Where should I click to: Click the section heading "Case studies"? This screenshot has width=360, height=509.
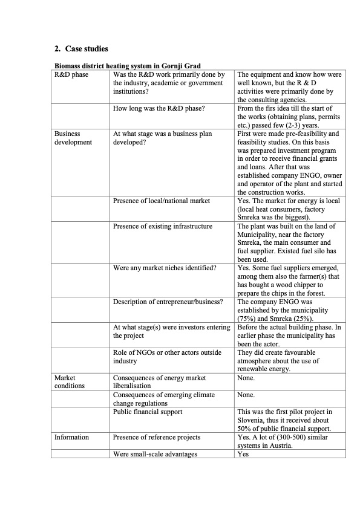point(82,48)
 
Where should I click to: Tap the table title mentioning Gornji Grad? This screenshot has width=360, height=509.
point(128,65)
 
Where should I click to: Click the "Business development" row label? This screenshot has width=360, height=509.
point(73,138)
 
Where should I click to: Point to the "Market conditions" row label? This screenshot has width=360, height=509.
point(70,381)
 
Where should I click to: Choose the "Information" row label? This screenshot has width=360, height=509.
point(71,437)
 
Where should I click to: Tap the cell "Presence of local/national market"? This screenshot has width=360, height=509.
point(162,201)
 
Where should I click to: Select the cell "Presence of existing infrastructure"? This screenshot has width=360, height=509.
point(163,226)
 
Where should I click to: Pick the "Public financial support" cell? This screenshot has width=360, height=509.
point(148,412)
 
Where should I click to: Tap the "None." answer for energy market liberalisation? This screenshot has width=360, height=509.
point(246,378)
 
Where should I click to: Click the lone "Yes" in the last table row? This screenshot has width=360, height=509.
point(243,454)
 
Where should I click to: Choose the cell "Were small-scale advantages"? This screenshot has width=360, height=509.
point(155,454)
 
